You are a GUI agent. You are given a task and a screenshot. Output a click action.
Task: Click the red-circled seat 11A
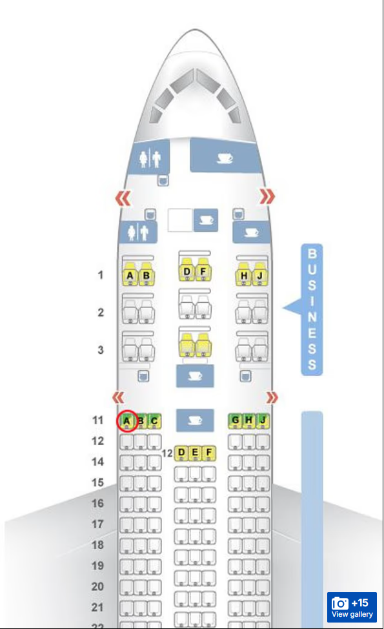point(126,421)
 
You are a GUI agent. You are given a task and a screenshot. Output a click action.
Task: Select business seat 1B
point(147,275)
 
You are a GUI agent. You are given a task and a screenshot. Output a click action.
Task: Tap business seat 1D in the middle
point(187,271)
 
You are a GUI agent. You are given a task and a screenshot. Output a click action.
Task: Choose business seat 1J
point(259,275)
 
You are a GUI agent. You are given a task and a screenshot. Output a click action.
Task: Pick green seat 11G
point(235,420)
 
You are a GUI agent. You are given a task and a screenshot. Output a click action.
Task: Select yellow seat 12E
point(195,453)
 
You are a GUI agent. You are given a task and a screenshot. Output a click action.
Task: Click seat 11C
point(154,421)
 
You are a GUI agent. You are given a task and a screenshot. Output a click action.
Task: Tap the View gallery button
point(352,607)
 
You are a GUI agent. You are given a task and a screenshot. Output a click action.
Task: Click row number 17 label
point(98,524)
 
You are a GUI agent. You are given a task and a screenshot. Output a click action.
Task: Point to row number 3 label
point(101,350)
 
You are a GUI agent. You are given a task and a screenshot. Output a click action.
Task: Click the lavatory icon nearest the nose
point(150,158)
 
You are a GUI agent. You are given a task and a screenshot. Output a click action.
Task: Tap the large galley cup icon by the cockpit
point(225,158)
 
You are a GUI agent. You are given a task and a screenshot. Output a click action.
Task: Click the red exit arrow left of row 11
point(118,397)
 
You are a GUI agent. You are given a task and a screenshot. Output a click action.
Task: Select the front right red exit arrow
point(267,196)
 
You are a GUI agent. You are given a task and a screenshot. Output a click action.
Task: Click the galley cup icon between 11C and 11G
point(195,420)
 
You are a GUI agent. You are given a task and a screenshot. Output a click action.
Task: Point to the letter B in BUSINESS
point(312,254)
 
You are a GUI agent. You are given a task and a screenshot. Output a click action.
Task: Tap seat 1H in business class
point(244,275)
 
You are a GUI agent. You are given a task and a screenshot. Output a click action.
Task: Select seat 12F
point(209,453)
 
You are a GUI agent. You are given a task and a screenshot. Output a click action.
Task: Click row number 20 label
point(98,586)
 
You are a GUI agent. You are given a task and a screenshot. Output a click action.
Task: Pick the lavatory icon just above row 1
point(138,232)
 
